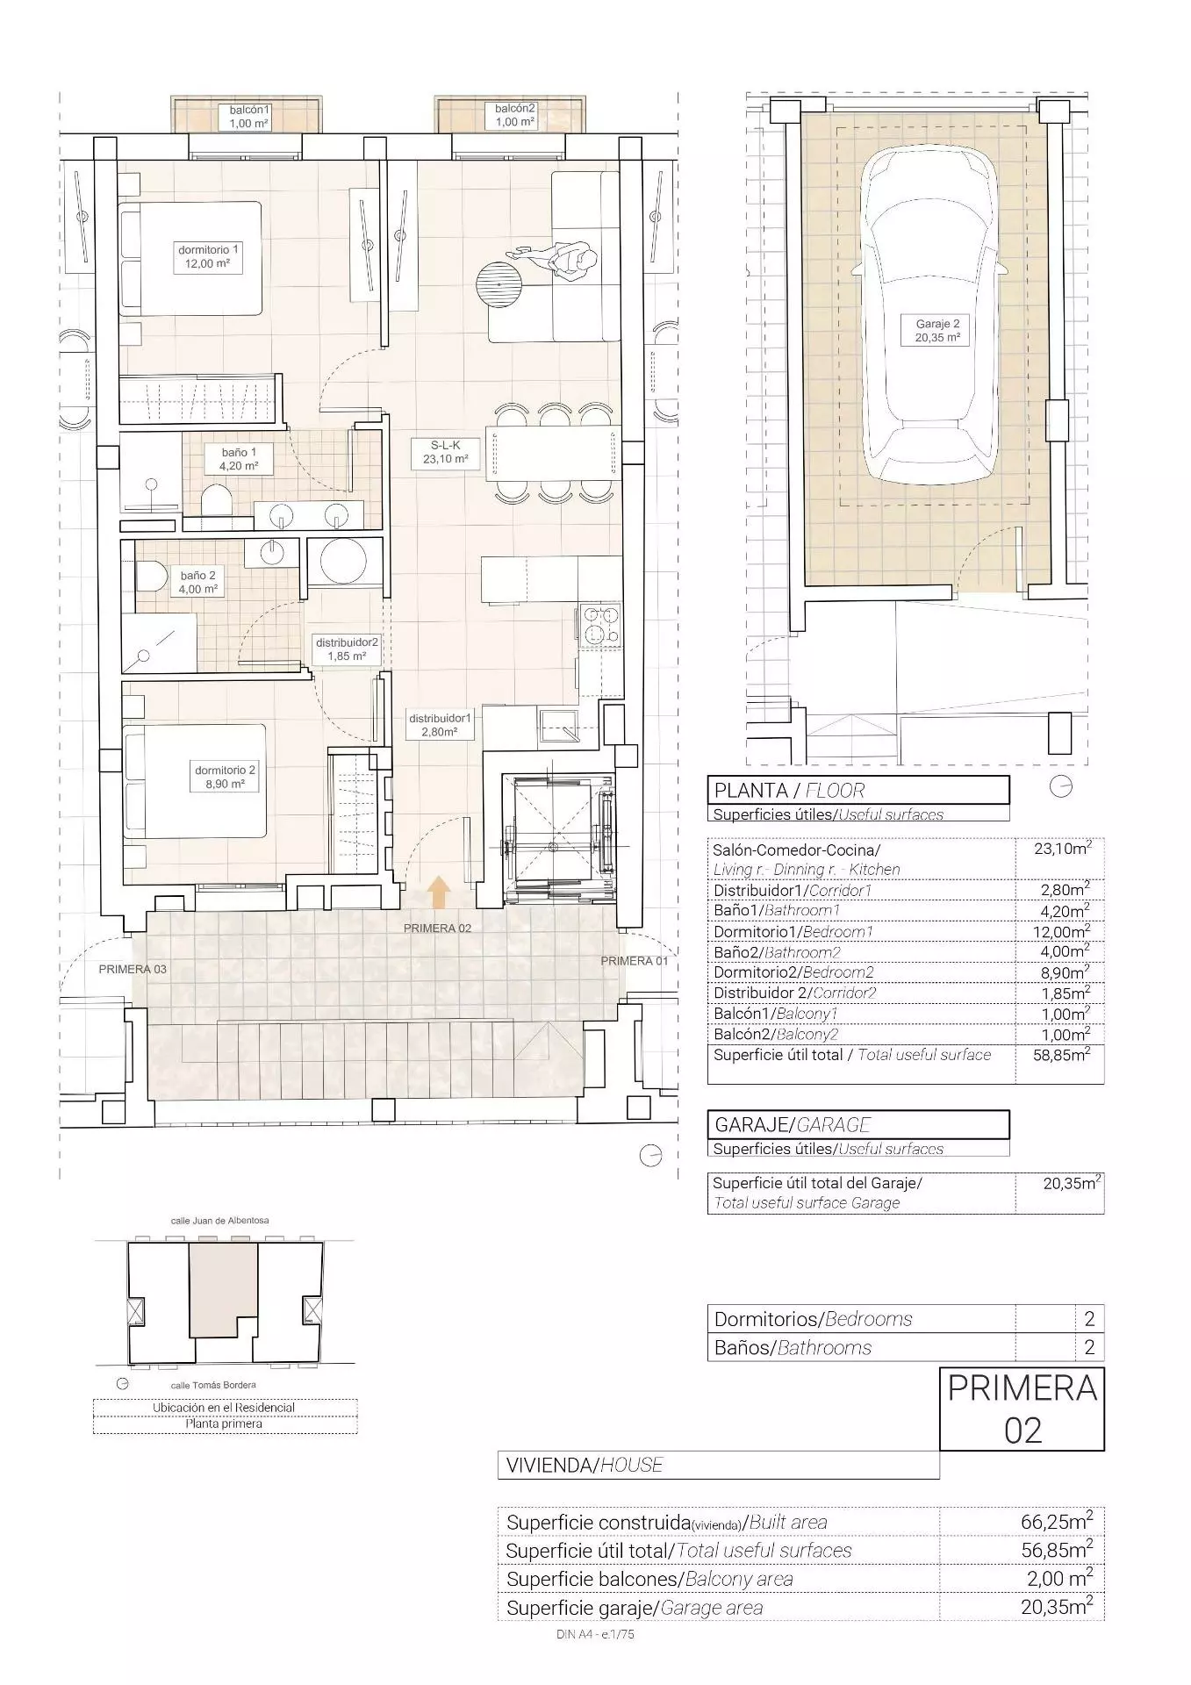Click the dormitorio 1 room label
(209, 256)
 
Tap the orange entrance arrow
(438, 893)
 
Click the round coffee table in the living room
(499, 284)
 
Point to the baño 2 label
(198, 582)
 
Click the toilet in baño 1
(216, 505)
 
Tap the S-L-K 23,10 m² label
(446, 452)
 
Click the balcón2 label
(515, 115)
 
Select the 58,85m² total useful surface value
(1062, 1055)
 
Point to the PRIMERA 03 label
(133, 969)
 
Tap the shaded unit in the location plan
(223, 1289)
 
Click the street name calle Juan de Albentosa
(219, 1220)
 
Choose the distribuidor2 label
(348, 649)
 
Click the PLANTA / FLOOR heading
(789, 790)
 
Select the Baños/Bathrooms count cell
(1089, 1347)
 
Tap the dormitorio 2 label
(226, 777)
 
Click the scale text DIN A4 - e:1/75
(595, 1634)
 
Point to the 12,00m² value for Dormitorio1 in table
(1062, 931)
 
